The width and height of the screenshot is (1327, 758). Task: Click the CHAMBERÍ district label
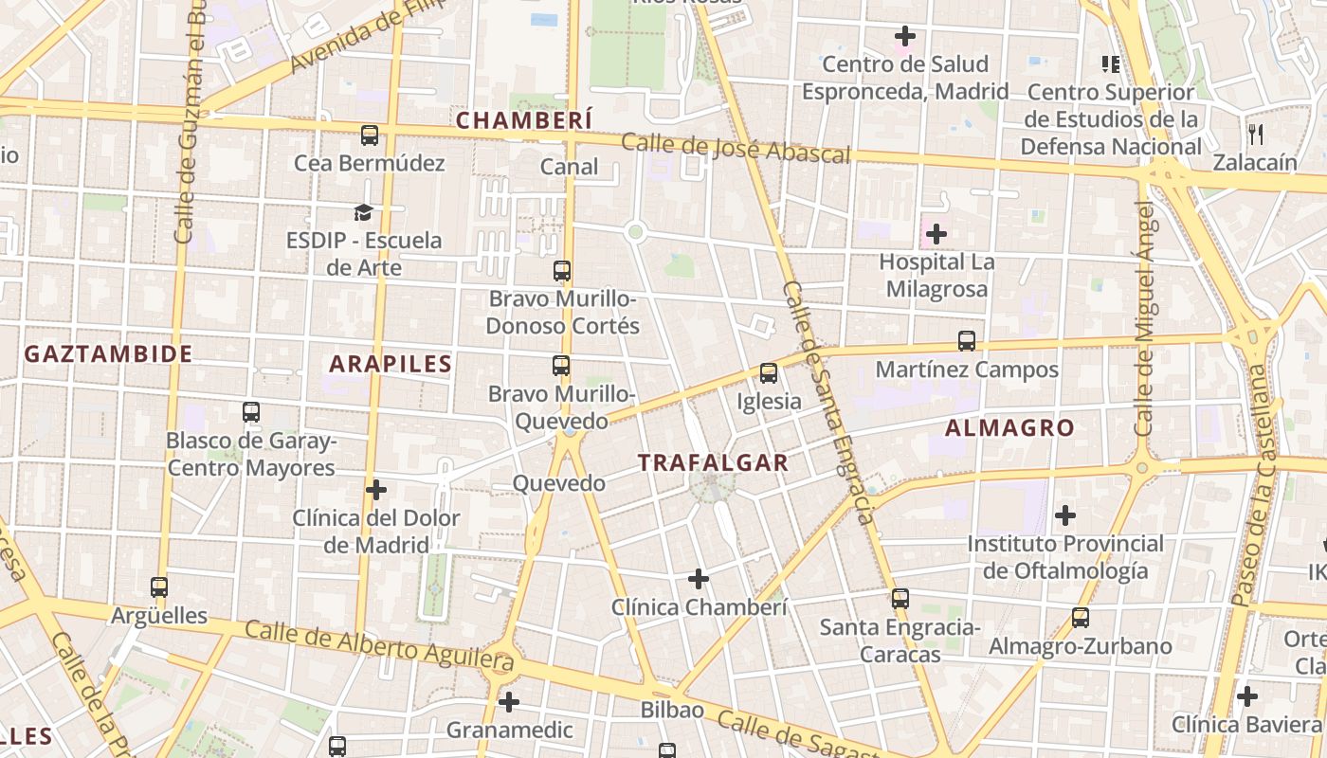tap(524, 120)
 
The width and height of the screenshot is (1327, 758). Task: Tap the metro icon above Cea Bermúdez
tap(370, 135)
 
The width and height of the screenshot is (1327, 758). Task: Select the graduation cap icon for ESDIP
tap(363, 211)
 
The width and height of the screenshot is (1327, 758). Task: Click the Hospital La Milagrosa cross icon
tap(936, 233)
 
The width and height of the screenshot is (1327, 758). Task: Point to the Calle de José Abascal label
tap(736, 149)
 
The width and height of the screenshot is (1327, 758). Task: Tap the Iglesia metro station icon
tap(769, 373)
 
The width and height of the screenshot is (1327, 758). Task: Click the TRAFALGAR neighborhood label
tap(713, 462)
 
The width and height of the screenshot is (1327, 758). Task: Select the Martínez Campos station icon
tap(967, 341)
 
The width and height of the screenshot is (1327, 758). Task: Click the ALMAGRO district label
tap(1009, 428)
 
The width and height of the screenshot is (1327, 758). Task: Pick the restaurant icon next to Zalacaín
tap(1256, 134)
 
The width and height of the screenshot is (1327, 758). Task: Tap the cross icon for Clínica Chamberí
tap(699, 578)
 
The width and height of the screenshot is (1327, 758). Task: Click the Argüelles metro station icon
tap(159, 587)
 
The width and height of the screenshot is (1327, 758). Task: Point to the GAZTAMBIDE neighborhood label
tap(108, 354)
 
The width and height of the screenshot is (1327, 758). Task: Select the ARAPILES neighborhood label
tap(391, 364)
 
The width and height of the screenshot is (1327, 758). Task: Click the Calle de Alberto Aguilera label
tap(379, 646)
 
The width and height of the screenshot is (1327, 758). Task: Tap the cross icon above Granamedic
tap(509, 702)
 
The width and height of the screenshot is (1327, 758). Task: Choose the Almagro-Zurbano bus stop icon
tap(1081, 618)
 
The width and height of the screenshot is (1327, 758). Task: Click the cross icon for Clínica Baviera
tap(1247, 696)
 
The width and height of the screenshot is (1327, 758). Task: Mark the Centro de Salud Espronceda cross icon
tap(905, 36)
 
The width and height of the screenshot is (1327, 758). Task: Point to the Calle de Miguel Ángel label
tap(1146, 317)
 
